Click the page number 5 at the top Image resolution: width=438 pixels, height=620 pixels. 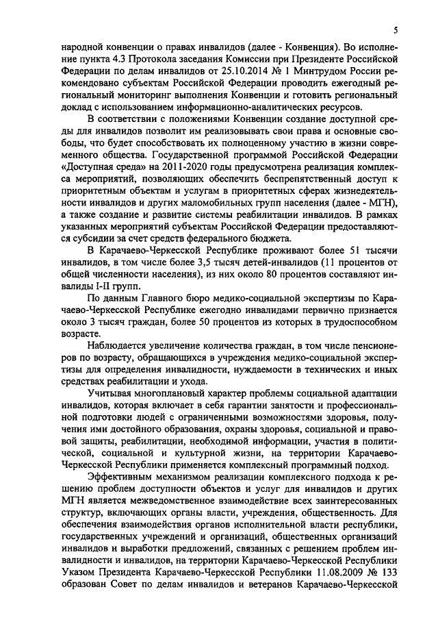click(396, 30)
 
